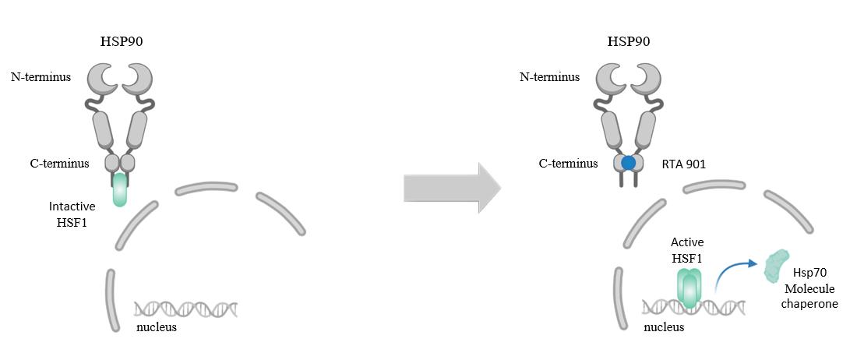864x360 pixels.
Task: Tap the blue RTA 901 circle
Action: (x=628, y=164)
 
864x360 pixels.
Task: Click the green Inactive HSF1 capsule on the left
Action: (x=119, y=189)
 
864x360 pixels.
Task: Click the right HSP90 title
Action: (x=628, y=41)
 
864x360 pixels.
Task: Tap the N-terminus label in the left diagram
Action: (x=40, y=77)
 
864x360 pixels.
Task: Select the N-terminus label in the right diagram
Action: (x=550, y=77)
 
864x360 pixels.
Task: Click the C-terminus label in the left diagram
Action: (x=76, y=163)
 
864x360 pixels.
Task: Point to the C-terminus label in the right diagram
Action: (x=569, y=164)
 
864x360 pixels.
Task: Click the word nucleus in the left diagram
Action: (x=156, y=327)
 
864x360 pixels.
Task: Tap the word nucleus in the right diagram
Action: (x=664, y=327)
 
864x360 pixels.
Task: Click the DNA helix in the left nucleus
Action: (x=185, y=309)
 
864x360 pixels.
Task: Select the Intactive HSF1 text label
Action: (x=72, y=215)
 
